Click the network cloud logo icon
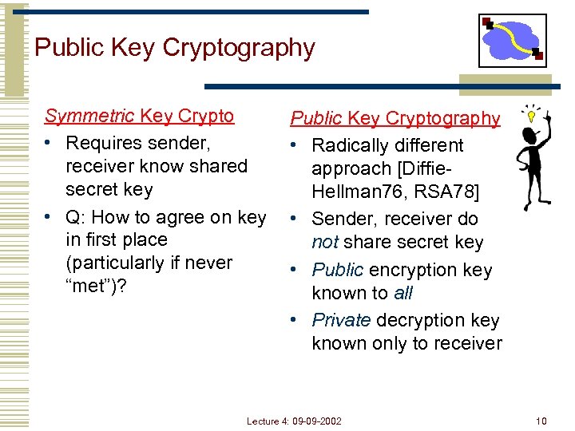point(513,41)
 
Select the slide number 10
point(541,420)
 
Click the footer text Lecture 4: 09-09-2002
point(294,420)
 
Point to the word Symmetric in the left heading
point(89,116)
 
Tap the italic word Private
point(341,320)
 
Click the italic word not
point(325,243)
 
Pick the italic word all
point(403,293)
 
